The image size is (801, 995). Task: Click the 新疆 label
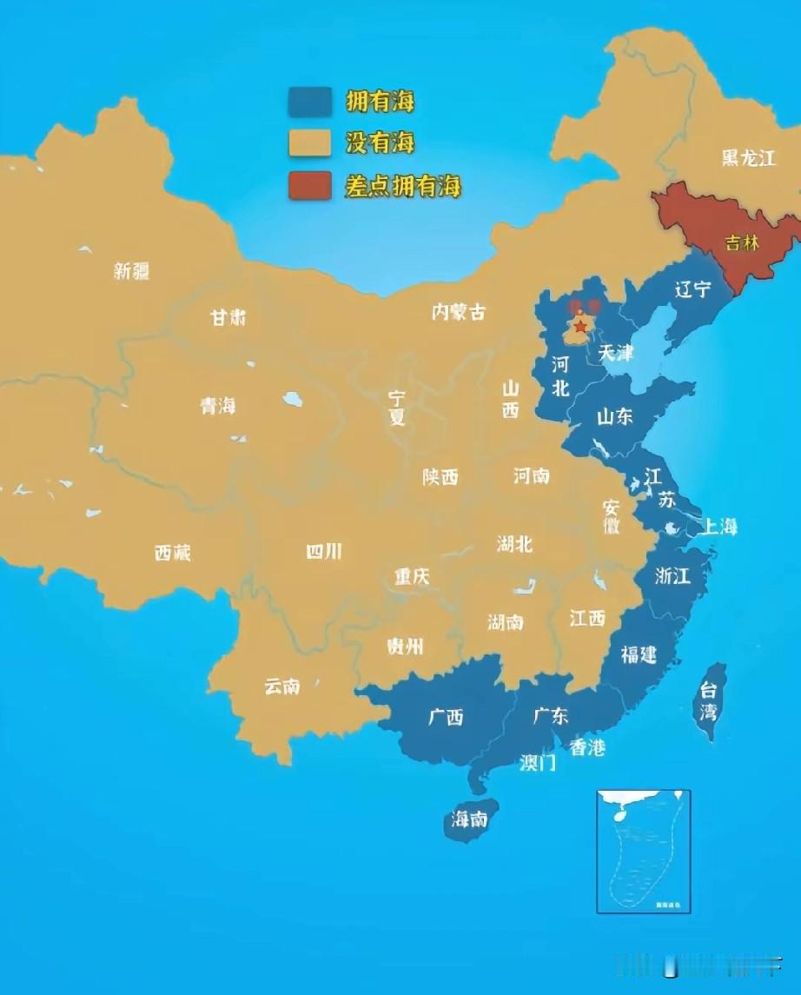tap(131, 271)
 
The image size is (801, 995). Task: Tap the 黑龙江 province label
tap(748, 158)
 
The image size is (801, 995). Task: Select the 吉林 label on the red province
tap(742, 243)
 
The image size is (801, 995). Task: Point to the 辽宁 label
tap(692, 289)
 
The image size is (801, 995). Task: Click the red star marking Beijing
tap(579, 326)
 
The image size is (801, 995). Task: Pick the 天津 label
tap(614, 353)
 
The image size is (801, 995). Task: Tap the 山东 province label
tap(614, 416)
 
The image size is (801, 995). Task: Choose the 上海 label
tap(719, 526)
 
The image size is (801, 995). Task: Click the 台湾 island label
tap(710, 702)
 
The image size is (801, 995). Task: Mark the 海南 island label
tap(469, 819)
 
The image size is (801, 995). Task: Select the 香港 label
tap(587, 746)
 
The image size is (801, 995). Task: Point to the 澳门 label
tap(538, 764)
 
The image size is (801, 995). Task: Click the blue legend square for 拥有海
tap(310, 102)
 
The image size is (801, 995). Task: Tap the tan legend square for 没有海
tap(310, 143)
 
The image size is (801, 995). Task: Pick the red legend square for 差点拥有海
tap(310, 185)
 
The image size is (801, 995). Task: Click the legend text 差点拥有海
tap(402, 185)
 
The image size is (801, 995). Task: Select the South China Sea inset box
tap(643, 851)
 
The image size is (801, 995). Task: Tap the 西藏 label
tap(172, 553)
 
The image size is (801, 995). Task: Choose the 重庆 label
tap(411, 576)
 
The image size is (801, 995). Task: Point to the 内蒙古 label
tap(459, 312)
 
